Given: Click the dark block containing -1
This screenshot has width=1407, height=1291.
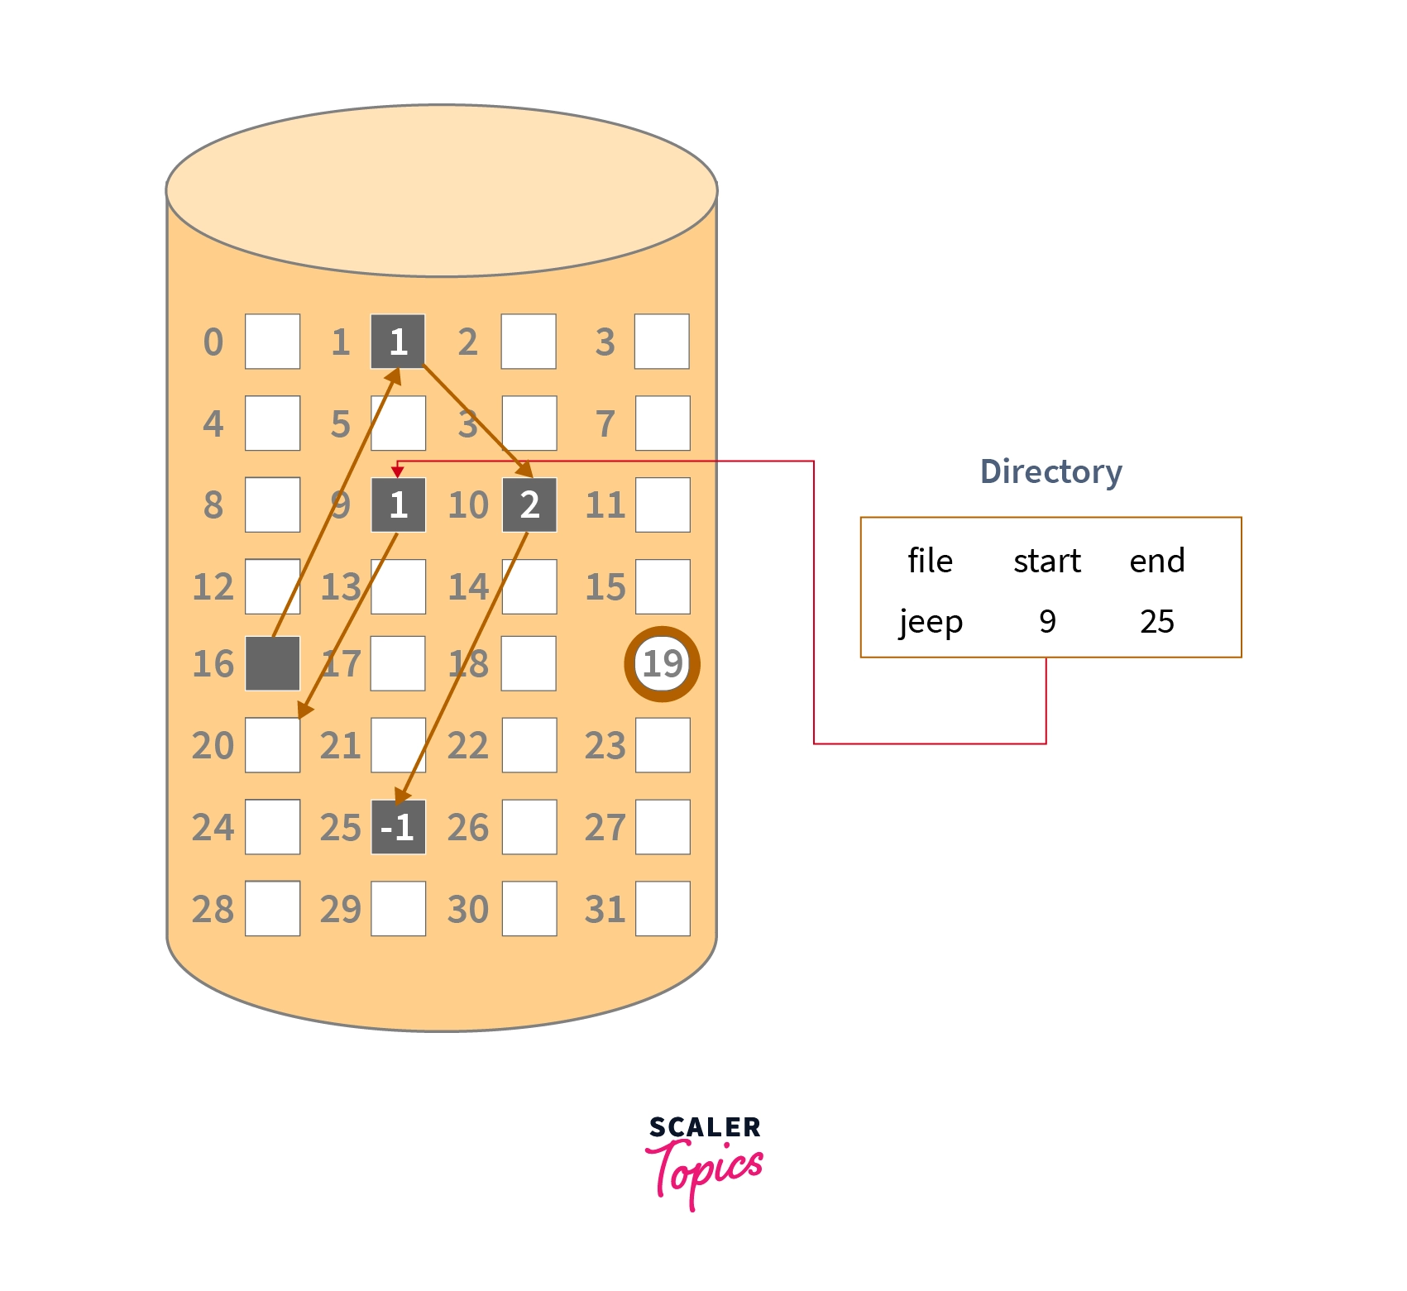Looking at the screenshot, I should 398,826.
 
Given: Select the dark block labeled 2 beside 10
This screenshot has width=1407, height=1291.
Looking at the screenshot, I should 529,504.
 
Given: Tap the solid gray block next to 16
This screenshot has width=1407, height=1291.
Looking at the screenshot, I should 272,663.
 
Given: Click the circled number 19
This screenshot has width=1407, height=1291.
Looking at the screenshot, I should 662,663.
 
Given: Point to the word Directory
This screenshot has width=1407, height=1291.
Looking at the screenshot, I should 1050,471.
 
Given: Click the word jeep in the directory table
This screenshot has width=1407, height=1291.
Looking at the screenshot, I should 931,621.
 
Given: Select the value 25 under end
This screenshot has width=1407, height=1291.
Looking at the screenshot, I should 1156,621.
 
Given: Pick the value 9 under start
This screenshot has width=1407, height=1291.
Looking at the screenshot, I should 1047,621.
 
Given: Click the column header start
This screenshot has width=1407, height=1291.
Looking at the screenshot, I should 1047,561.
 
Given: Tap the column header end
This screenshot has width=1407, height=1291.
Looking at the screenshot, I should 1156,561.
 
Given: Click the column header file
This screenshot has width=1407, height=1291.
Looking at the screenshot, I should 930,561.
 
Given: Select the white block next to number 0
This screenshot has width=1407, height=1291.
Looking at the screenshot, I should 272,341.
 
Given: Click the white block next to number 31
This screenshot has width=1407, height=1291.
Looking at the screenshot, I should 663,908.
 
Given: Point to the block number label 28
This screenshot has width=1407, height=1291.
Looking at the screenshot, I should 213,909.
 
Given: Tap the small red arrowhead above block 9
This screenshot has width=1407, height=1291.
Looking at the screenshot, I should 398,471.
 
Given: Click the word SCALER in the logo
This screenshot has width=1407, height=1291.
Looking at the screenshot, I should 704,1127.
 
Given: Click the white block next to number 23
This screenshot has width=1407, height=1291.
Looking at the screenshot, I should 663,744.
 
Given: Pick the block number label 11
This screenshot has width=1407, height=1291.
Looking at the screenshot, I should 605,504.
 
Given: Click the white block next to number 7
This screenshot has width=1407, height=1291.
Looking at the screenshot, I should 663,423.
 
